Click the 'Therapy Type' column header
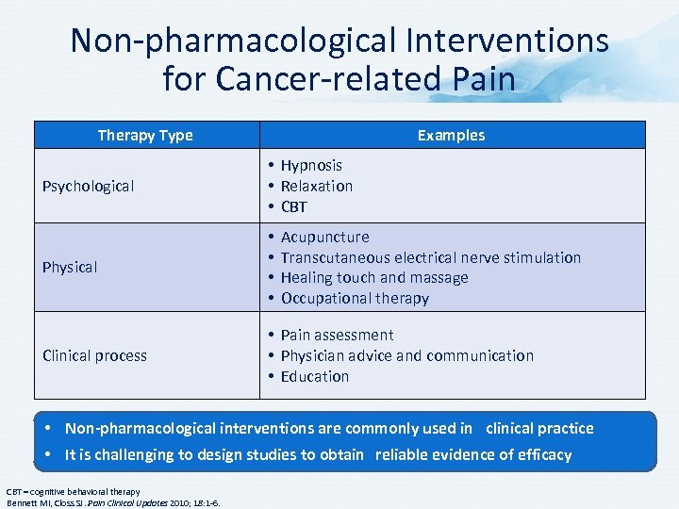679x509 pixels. click(145, 135)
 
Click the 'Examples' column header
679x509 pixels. click(451, 135)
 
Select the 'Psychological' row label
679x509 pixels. click(88, 186)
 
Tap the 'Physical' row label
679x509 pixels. click(70, 267)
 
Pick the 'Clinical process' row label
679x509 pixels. click(94, 355)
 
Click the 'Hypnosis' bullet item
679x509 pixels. click(311, 165)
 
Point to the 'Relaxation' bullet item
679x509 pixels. click(317, 186)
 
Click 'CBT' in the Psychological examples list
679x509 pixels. click(294, 206)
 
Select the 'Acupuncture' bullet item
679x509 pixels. click(325, 237)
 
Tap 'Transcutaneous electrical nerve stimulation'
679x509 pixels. click(431, 257)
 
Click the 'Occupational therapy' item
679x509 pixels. click(355, 298)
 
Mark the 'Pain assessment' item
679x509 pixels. click(338, 335)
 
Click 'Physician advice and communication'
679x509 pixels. click(407, 355)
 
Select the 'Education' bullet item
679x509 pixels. click(315, 376)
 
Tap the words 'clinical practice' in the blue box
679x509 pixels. click(539, 428)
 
